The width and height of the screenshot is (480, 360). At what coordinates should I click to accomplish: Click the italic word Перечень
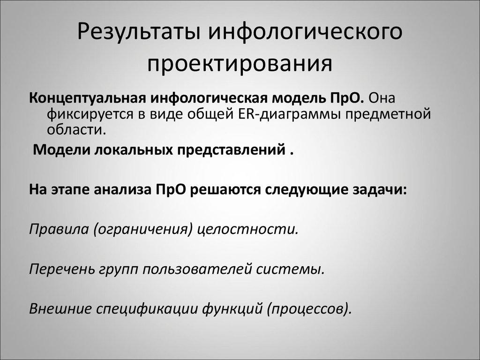pyautogui.click(x=61, y=269)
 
